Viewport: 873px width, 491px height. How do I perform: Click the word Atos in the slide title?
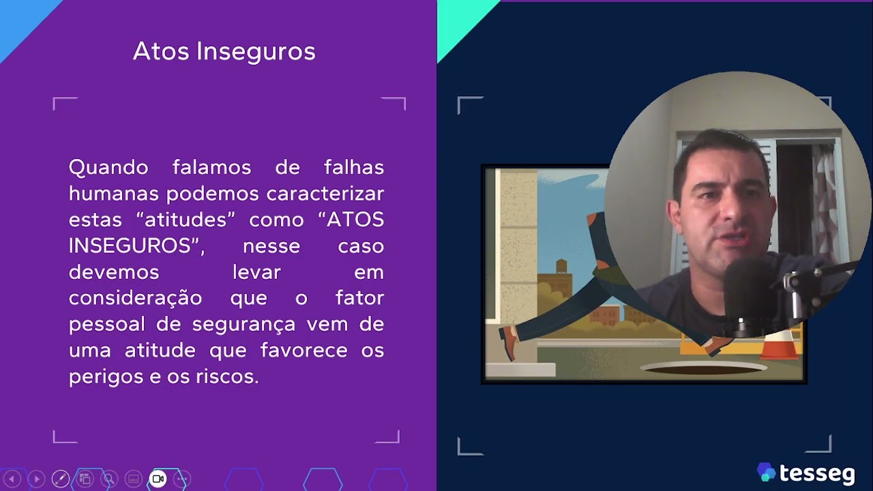tap(162, 51)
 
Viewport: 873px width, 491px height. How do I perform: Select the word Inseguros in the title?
tap(256, 52)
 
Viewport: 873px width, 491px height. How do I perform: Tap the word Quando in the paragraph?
tap(108, 167)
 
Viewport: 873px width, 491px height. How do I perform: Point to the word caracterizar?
tap(325, 194)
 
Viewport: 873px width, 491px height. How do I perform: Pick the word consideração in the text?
tap(135, 298)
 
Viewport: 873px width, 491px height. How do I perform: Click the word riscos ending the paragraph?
tap(233, 376)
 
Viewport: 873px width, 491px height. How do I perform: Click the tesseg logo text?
tap(817, 473)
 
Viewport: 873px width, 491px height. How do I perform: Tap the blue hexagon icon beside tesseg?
tap(766, 472)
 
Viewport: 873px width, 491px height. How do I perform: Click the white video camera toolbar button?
tap(158, 479)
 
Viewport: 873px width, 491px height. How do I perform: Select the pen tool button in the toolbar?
tap(61, 479)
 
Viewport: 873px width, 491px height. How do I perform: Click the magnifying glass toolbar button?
tap(109, 479)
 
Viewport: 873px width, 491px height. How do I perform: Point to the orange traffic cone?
tap(779, 345)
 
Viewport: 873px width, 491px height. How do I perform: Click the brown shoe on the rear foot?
tap(507, 341)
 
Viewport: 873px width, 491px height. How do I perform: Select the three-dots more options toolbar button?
tap(182, 479)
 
